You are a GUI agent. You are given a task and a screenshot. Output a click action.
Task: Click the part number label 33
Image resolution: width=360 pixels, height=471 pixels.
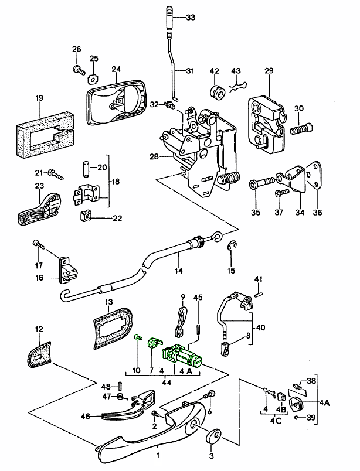[191, 18]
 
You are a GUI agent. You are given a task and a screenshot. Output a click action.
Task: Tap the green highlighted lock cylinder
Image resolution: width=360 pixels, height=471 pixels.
[185, 356]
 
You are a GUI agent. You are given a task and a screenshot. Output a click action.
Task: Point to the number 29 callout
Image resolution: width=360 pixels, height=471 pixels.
[269, 71]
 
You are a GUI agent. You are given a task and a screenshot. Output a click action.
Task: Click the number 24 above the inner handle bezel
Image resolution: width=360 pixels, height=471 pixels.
[116, 68]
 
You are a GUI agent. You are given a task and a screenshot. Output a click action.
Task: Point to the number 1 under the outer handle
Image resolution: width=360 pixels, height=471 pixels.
[158, 453]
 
